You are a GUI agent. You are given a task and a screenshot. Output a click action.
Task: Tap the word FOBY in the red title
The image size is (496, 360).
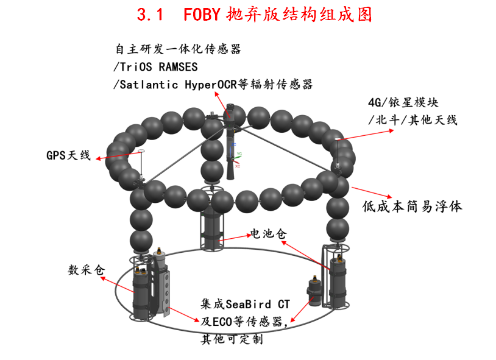coord(202,14)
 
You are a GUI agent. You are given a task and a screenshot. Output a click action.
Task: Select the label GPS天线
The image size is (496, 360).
coord(68,155)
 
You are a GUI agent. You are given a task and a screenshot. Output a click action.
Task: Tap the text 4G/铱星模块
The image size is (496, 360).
coord(403,102)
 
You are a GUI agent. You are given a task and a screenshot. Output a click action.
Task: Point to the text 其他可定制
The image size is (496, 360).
coord(232,339)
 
